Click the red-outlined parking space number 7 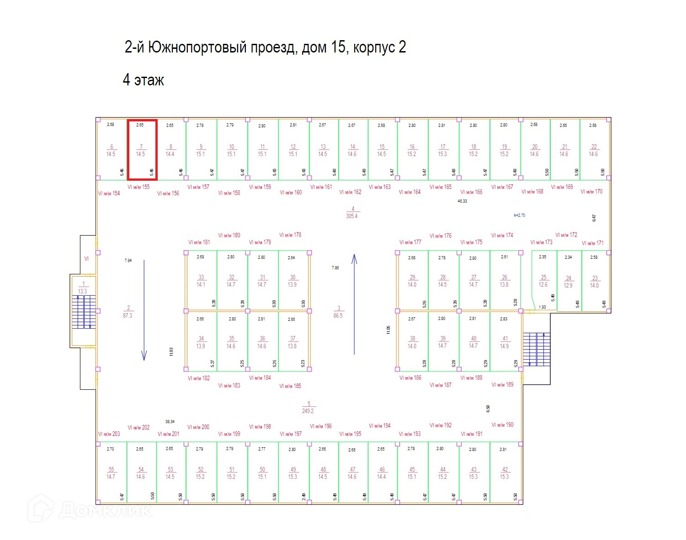tap(142, 150)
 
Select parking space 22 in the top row tap(594, 150)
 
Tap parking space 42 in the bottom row tap(505, 472)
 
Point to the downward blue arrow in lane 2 tap(144, 310)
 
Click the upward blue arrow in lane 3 tap(354, 304)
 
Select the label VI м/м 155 tap(138, 187)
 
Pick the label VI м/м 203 tap(109, 434)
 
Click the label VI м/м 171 tap(593, 243)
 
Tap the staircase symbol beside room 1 tap(84, 312)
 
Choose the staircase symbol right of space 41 tap(537, 349)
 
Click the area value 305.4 tap(352, 216)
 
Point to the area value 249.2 tap(308, 411)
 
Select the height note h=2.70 tap(519, 215)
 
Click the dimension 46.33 tap(463, 201)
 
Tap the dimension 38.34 tap(170, 422)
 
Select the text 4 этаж tap(143, 80)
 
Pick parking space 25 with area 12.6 tap(543, 281)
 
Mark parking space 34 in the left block tap(201, 342)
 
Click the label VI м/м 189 tap(503, 385)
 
